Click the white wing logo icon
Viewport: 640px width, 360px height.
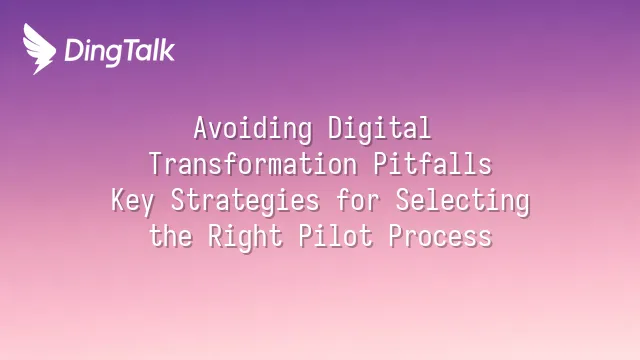point(39,49)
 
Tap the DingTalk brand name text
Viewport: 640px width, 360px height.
point(120,52)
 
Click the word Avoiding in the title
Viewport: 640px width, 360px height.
point(253,129)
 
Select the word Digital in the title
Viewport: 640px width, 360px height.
point(380,129)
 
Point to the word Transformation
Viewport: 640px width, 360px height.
point(253,164)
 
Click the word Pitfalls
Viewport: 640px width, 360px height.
point(433,164)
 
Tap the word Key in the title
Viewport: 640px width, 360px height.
point(133,201)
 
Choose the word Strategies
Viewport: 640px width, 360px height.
point(245,201)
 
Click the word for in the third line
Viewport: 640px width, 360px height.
point(358,200)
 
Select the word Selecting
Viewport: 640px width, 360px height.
point(463,201)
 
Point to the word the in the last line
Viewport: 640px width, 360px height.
point(171,236)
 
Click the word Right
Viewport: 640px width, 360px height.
point(245,237)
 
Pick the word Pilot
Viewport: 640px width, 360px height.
point(336,236)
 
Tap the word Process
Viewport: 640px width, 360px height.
point(440,236)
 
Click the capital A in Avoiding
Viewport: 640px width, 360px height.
point(200,127)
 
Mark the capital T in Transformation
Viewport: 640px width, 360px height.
point(156,163)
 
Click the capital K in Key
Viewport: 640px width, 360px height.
point(118,200)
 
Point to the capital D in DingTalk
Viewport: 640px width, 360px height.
point(74,51)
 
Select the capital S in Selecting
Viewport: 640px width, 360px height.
point(402,200)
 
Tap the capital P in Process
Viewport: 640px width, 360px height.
point(396,236)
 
